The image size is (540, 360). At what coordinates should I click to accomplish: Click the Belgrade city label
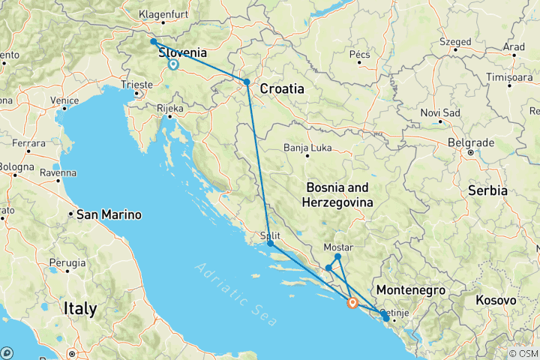[471, 142]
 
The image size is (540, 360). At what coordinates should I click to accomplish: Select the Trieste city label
[138, 85]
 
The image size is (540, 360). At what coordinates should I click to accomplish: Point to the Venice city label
[64, 100]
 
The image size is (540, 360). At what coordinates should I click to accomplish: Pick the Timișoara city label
[508, 76]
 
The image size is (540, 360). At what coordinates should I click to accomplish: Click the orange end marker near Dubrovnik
[352, 303]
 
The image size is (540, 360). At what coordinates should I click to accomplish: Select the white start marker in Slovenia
[172, 64]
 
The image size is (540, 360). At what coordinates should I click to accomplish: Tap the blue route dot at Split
[270, 244]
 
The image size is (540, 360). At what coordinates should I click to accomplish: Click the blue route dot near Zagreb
[247, 82]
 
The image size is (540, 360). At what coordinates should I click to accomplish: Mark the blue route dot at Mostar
[338, 257]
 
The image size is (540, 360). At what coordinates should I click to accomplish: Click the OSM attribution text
[523, 353]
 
